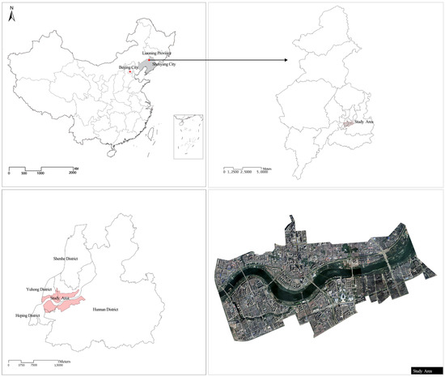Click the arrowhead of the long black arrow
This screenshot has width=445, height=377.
(288, 59)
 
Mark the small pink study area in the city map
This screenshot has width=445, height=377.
(346, 124)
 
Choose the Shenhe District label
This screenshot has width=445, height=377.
(66, 260)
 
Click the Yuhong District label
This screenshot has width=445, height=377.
(39, 289)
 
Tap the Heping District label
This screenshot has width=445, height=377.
(27, 315)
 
